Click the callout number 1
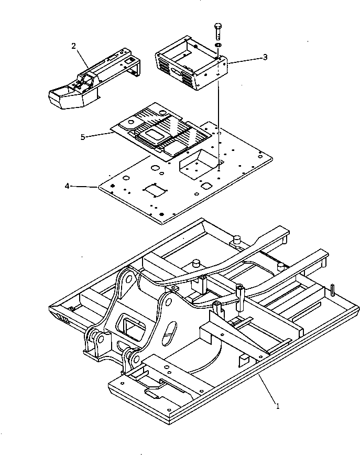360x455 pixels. (x=278, y=405)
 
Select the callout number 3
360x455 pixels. (x=265, y=57)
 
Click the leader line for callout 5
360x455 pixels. (x=100, y=135)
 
